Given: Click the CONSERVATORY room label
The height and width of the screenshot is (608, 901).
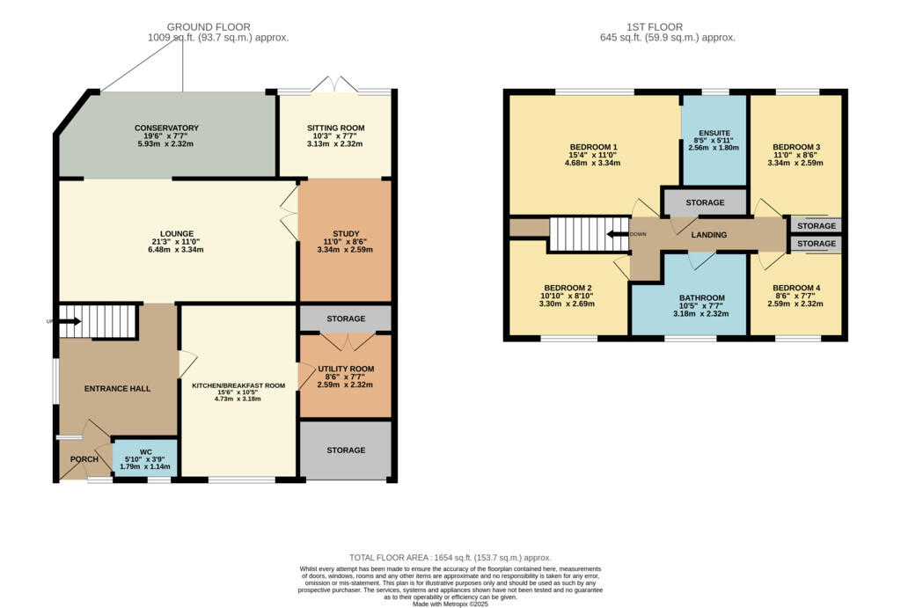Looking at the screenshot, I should (166, 128).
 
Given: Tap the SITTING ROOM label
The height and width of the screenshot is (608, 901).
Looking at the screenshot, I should (335, 128).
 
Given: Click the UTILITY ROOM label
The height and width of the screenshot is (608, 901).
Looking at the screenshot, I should (345, 369).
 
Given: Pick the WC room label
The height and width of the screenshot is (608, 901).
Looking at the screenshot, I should (146, 451).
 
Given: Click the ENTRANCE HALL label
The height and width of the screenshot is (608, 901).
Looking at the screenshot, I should (117, 388).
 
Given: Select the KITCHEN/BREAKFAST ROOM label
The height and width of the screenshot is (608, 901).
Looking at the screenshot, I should (238, 385).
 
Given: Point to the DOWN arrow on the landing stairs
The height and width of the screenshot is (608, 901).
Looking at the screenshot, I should (619, 234).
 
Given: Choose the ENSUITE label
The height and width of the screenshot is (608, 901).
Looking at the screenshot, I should (714, 133).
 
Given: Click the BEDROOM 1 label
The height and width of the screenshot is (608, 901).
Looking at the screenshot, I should (593, 147).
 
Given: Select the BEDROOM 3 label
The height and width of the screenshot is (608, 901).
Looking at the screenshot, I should (795, 147).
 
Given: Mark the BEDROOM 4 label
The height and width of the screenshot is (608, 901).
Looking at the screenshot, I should (795, 289).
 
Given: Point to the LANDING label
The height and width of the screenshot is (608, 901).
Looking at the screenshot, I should (708, 235).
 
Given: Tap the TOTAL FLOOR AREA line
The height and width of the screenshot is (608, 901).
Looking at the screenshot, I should (450, 558).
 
